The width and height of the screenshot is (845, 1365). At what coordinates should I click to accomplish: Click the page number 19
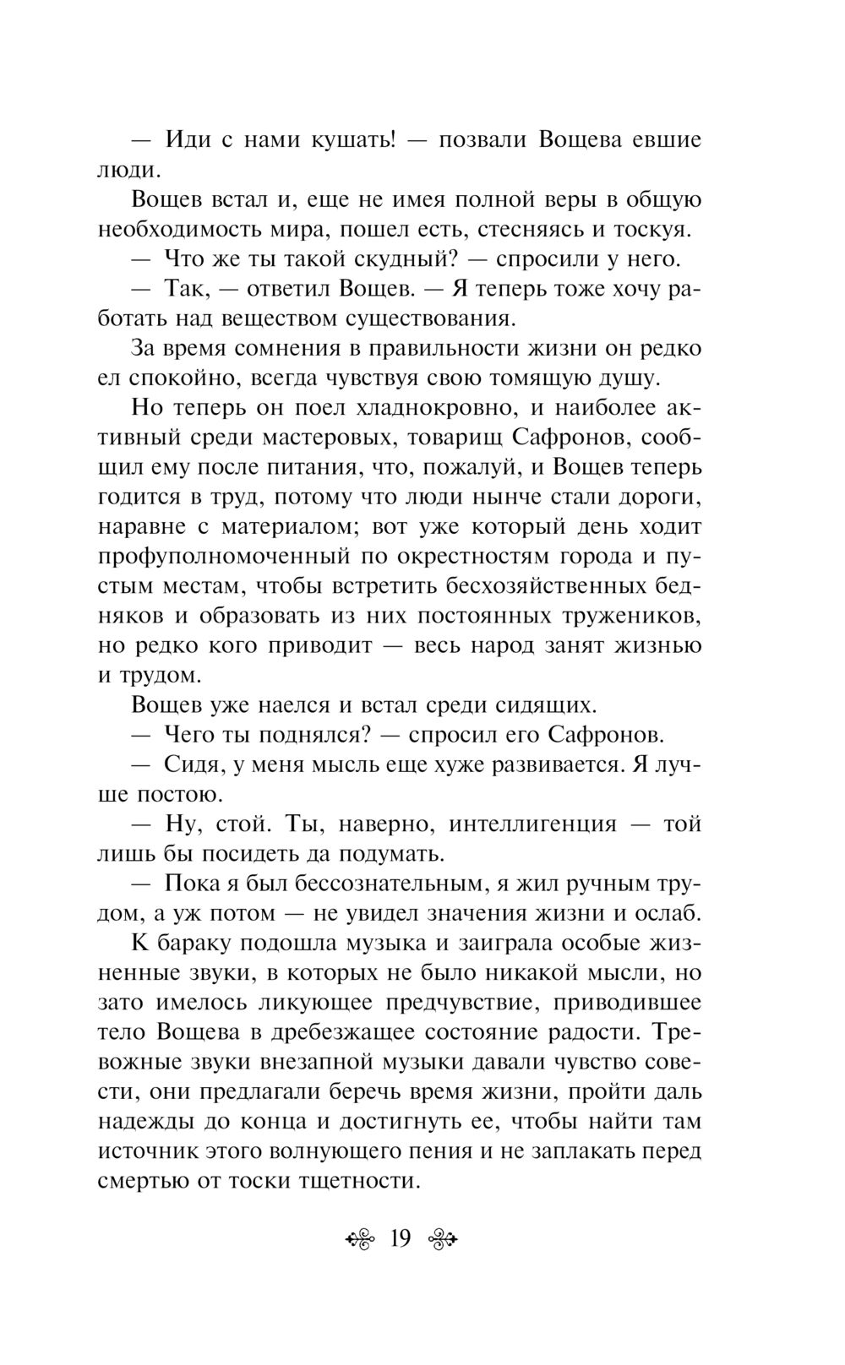click(x=400, y=1239)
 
